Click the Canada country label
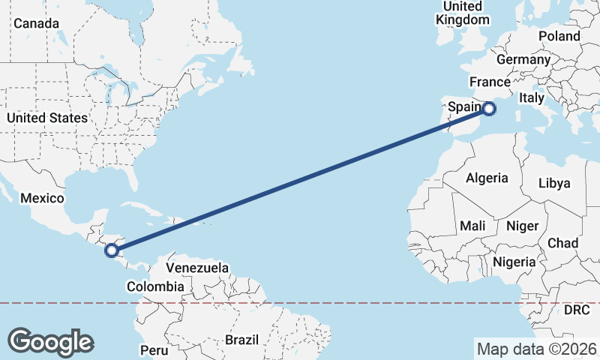click(36, 23)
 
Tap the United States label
click(47, 118)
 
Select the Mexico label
click(43, 198)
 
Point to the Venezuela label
click(197, 268)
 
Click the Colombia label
click(155, 286)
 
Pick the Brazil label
click(241, 340)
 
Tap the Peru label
click(154, 350)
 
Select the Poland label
click(559, 36)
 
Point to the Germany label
click(523, 59)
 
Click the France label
click(490, 82)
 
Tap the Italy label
click(532, 98)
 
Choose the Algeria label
click(487, 178)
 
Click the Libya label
click(555, 183)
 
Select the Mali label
click(472, 226)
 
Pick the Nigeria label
click(514, 262)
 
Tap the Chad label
click(562, 243)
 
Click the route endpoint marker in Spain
click(489, 109)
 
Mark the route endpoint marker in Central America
click(112, 250)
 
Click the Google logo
click(50, 341)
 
